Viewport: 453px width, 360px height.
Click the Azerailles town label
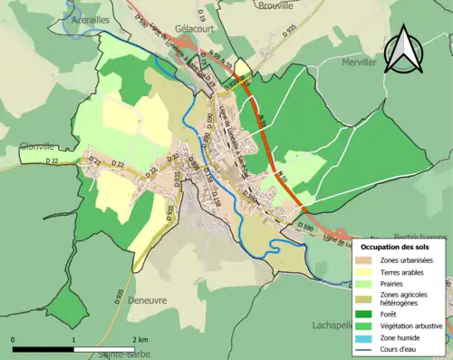click(92, 18)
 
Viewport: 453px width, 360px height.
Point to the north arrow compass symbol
click(404, 51)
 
